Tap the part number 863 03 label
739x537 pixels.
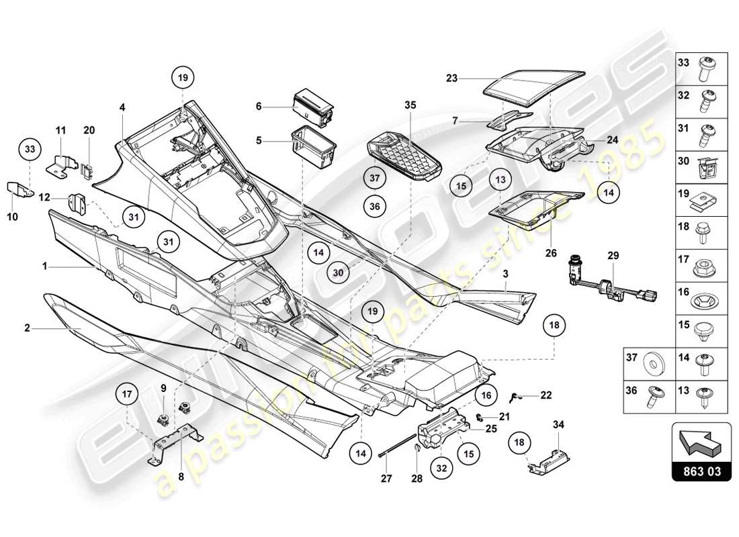point(701,471)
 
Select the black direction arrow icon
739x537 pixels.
point(701,444)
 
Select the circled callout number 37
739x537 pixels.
point(375,179)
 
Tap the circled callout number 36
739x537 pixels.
point(375,207)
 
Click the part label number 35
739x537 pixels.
point(410,105)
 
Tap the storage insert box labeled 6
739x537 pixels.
point(313,107)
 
